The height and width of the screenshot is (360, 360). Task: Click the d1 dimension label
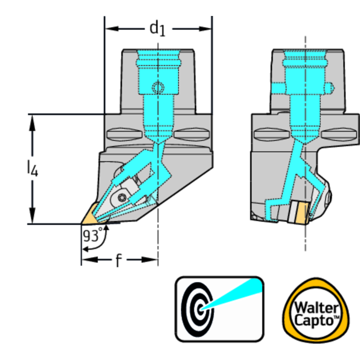pos(158,28)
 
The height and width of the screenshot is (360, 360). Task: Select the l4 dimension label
pos(32,169)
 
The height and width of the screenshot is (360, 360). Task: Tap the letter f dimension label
pos(118,260)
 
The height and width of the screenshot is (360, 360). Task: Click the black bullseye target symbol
pos(198,309)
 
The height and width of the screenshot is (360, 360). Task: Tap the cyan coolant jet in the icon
pos(232,294)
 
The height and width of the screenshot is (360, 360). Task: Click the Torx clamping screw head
pos(122,198)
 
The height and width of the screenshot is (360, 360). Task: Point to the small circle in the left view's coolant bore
pos(158,87)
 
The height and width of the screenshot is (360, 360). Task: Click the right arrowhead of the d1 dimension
pos(205,29)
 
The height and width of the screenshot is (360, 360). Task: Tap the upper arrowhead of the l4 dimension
pos(32,123)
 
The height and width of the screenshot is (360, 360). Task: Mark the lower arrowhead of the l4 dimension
pos(32,215)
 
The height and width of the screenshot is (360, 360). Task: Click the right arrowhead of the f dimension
pos(150,260)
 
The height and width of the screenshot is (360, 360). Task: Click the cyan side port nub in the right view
pos(330,88)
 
